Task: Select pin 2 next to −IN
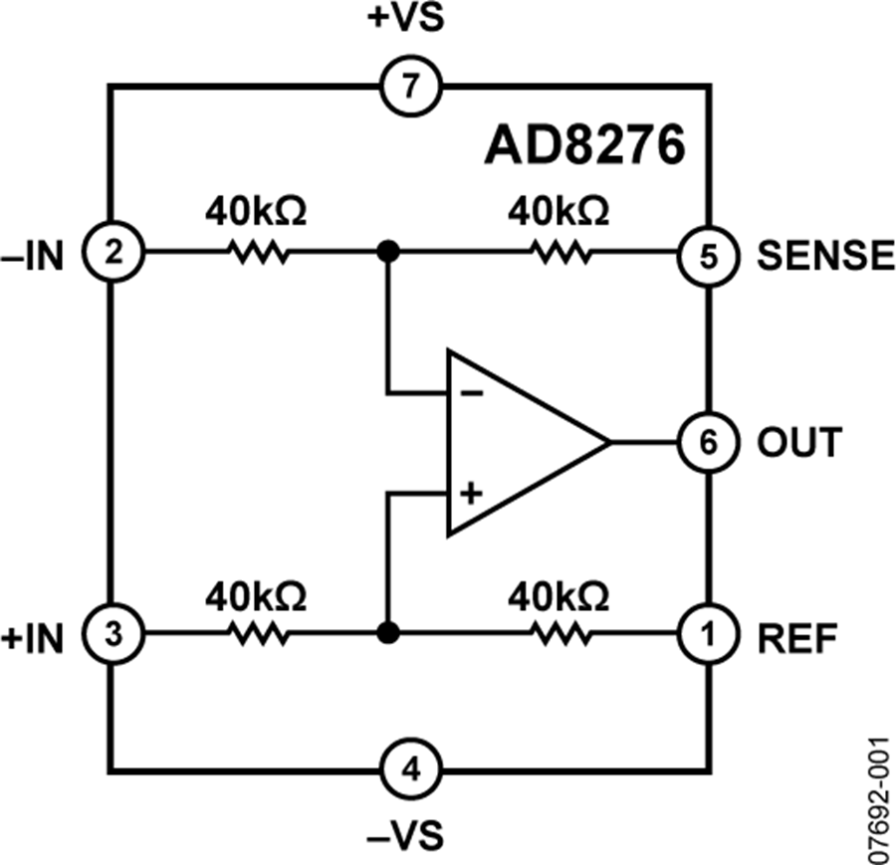tap(112, 252)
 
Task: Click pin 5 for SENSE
tap(708, 252)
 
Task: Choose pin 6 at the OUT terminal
tap(708, 441)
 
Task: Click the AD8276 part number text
tap(585, 145)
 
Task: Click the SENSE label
tap(825, 255)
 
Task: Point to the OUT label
tap(799, 442)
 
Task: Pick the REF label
tap(796, 634)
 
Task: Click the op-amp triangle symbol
tap(518, 441)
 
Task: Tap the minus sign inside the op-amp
tap(472, 392)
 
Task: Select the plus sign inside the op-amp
tap(472, 492)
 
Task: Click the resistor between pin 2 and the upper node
tap(258, 253)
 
